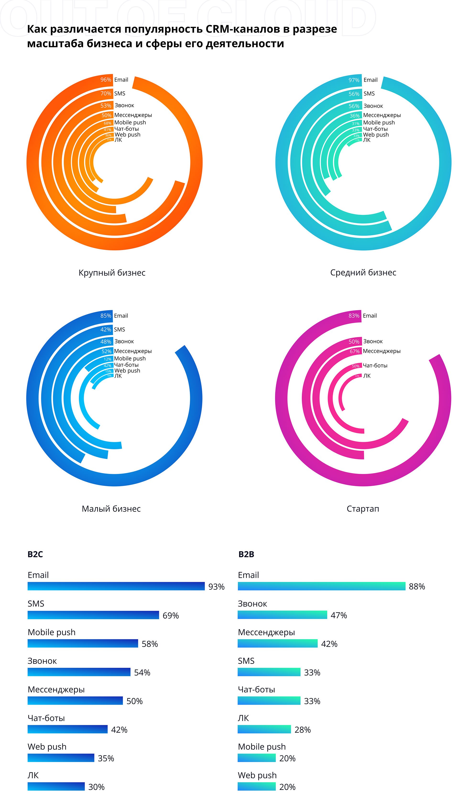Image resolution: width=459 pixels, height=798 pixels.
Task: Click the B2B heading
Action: [x=246, y=554]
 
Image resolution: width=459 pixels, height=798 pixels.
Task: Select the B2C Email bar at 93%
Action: [x=116, y=586]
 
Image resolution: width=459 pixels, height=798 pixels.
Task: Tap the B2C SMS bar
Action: [x=93, y=615]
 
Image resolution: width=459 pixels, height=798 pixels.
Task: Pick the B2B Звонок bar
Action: [x=282, y=615]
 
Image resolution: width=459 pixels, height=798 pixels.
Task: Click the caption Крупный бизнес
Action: [x=112, y=273]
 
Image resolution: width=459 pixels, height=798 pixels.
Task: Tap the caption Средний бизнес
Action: [x=363, y=273]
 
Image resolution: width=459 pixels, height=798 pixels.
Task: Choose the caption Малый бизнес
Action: [x=111, y=509]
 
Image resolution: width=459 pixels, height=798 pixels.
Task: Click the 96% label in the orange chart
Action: [x=106, y=80]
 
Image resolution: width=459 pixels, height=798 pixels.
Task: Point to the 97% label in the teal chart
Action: [x=354, y=80]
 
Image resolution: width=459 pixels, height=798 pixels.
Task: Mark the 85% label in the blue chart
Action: [x=106, y=316]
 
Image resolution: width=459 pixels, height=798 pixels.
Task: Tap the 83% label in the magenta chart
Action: [x=354, y=316]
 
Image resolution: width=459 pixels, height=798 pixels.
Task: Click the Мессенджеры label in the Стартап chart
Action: [x=382, y=351]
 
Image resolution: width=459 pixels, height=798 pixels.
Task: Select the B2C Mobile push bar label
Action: [x=51, y=632]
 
